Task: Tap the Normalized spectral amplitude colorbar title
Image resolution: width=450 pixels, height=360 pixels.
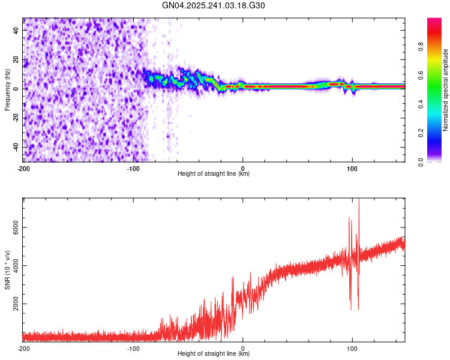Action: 446,90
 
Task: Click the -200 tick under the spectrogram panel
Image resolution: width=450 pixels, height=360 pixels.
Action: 23,168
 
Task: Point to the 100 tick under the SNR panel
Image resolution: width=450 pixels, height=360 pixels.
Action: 352,348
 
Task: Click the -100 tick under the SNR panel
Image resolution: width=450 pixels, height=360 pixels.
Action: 133,348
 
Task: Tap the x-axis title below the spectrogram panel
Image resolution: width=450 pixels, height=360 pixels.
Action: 214,174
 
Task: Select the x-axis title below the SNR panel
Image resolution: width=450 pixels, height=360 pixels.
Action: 214,354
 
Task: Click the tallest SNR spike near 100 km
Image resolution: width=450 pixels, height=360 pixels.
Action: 359,201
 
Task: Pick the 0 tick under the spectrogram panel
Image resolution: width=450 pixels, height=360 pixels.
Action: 242,168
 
